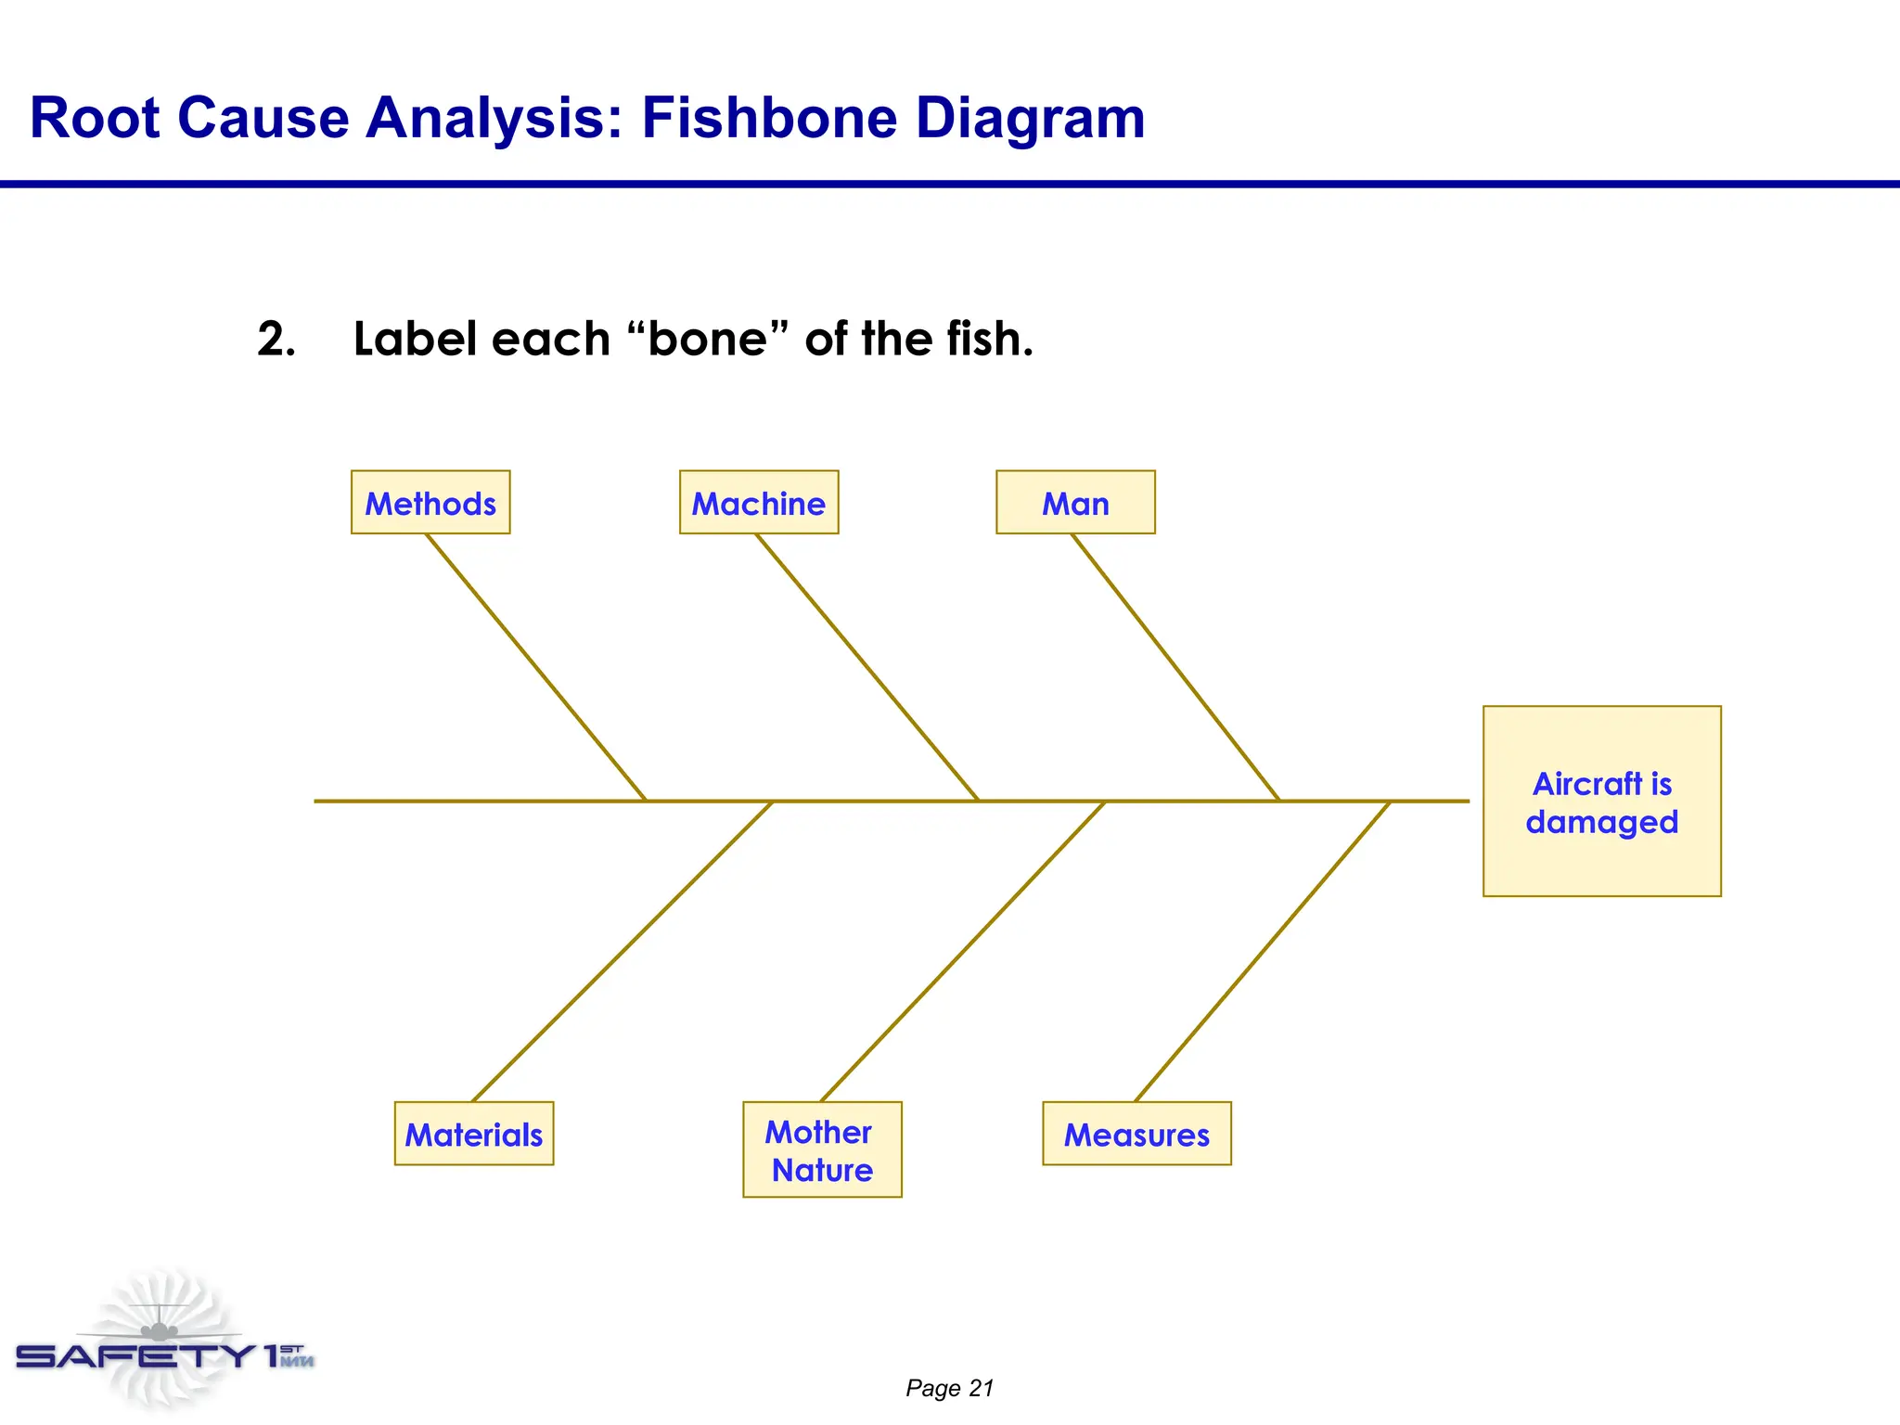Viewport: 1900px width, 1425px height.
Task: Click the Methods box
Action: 430,503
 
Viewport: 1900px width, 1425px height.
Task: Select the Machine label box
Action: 759,503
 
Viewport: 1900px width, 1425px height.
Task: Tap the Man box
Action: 1075,503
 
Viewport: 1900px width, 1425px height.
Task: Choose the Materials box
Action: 474,1134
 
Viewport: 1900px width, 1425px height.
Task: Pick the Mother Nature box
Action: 822,1150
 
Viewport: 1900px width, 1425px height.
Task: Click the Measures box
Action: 1136,1134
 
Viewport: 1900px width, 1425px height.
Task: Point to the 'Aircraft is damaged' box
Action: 1601,802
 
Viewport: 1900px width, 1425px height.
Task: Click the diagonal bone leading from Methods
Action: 536,667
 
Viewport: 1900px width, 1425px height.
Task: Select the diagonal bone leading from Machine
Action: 867,667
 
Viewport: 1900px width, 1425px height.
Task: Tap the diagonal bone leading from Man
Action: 1175,667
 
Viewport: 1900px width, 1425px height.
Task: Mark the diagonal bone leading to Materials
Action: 623,951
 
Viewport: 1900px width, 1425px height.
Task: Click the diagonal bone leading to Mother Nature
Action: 963,951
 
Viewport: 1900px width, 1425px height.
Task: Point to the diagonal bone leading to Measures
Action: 1262,951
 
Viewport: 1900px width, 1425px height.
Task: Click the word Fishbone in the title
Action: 769,119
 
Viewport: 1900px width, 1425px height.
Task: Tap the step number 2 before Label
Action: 276,340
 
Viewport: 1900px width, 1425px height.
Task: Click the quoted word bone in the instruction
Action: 707,340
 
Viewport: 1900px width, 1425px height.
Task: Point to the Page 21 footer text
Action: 949,1388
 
